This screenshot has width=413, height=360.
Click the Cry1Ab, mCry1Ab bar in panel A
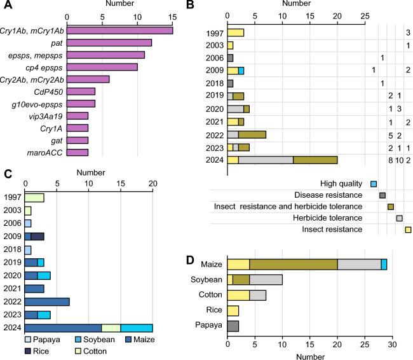120,30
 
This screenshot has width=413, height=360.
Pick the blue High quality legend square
374,184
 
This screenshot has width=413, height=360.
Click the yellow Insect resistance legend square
408,230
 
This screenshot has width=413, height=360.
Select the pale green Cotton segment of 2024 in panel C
111,328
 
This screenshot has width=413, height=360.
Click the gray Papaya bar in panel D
233,326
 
